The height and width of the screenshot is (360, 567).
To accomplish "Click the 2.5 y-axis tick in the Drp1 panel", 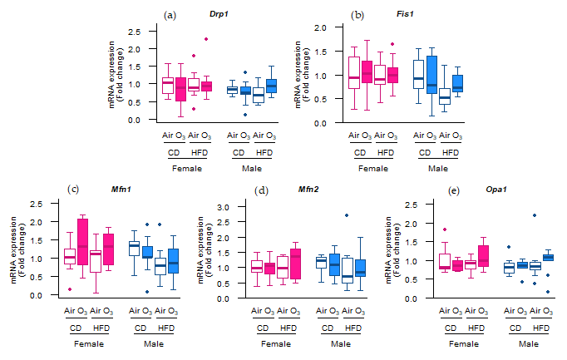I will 135,31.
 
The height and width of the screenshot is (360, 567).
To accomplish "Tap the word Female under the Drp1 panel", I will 188,169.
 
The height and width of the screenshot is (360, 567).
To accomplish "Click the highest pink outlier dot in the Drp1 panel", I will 206,38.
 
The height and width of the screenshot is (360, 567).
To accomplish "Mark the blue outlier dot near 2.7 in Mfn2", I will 347,215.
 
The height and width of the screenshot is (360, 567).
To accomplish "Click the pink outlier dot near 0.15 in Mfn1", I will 69,289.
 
